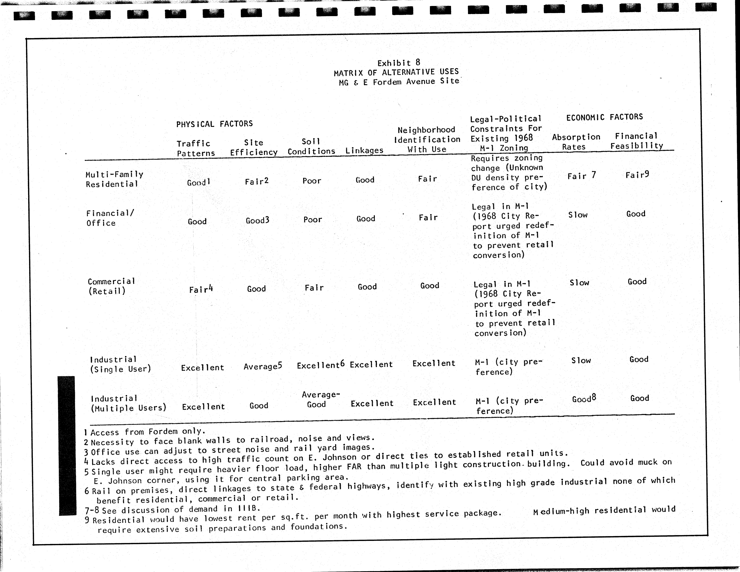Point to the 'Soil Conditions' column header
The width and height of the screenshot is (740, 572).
click(311, 146)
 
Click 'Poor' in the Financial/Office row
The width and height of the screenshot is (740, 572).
click(312, 220)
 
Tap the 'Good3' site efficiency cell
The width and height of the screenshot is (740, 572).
click(257, 220)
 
